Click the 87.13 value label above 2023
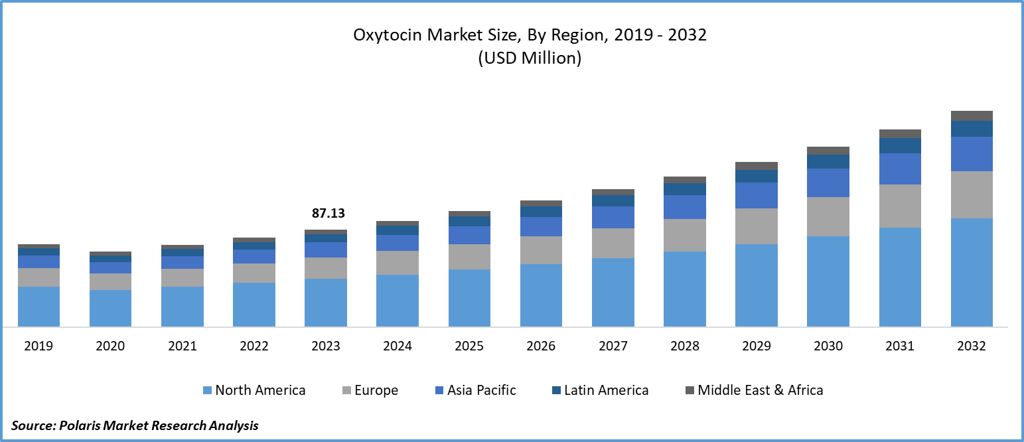pyautogui.click(x=329, y=214)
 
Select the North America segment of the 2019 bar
pyautogui.click(x=38, y=306)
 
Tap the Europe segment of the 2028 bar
pyautogui.click(x=685, y=235)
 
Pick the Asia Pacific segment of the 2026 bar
pyautogui.click(x=541, y=226)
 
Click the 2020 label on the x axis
pyautogui.click(x=110, y=346)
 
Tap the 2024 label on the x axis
pyautogui.click(x=398, y=346)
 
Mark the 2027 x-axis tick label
pyautogui.click(x=613, y=346)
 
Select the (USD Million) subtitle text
pyautogui.click(x=530, y=58)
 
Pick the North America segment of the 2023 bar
pyautogui.click(x=326, y=302)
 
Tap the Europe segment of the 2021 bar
pyautogui.click(x=183, y=277)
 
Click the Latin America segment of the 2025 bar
pyautogui.click(x=469, y=221)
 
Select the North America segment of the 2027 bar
pyautogui.click(x=613, y=292)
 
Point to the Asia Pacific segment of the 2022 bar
pyautogui.click(x=254, y=256)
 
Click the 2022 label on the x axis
pyautogui.click(x=254, y=346)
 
